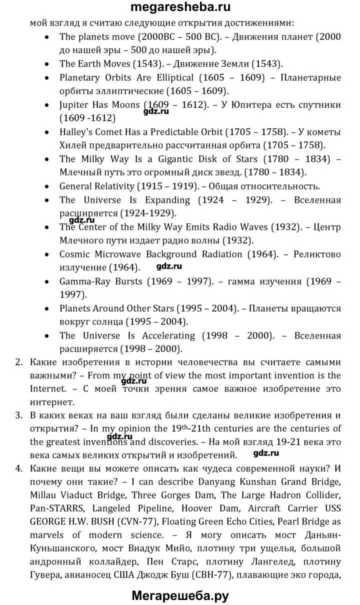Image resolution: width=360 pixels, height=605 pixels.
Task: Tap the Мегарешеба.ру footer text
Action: (x=180, y=595)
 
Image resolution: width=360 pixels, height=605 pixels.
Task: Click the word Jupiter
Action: (x=74, y=105)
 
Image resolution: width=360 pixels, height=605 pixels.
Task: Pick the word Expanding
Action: (x=167, y=199)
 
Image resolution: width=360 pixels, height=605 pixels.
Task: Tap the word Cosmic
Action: (x=74, y=253)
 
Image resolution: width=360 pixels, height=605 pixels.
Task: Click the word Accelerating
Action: (x=162, y=335)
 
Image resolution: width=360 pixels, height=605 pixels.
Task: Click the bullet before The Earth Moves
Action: (x=46, y=64)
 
